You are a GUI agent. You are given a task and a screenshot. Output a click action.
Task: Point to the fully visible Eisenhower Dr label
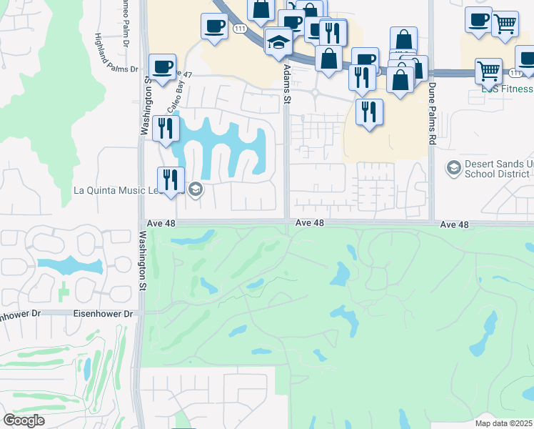pos(104,314)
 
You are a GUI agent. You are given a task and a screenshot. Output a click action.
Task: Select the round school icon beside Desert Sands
pos(453,168)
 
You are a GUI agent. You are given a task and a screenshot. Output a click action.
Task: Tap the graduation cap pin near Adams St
pos(278,42)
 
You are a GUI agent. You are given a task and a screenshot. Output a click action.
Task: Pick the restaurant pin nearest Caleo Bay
pos(165,128)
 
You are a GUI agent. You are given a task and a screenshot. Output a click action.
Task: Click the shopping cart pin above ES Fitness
pos(488,71)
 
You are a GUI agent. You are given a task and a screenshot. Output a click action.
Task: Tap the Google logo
pos(24,420)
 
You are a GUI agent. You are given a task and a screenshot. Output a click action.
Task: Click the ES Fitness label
pos(507,89)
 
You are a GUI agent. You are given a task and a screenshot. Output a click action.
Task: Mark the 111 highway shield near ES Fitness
pos(515,73)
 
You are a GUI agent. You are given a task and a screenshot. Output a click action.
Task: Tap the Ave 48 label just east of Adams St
pos(310,223)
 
